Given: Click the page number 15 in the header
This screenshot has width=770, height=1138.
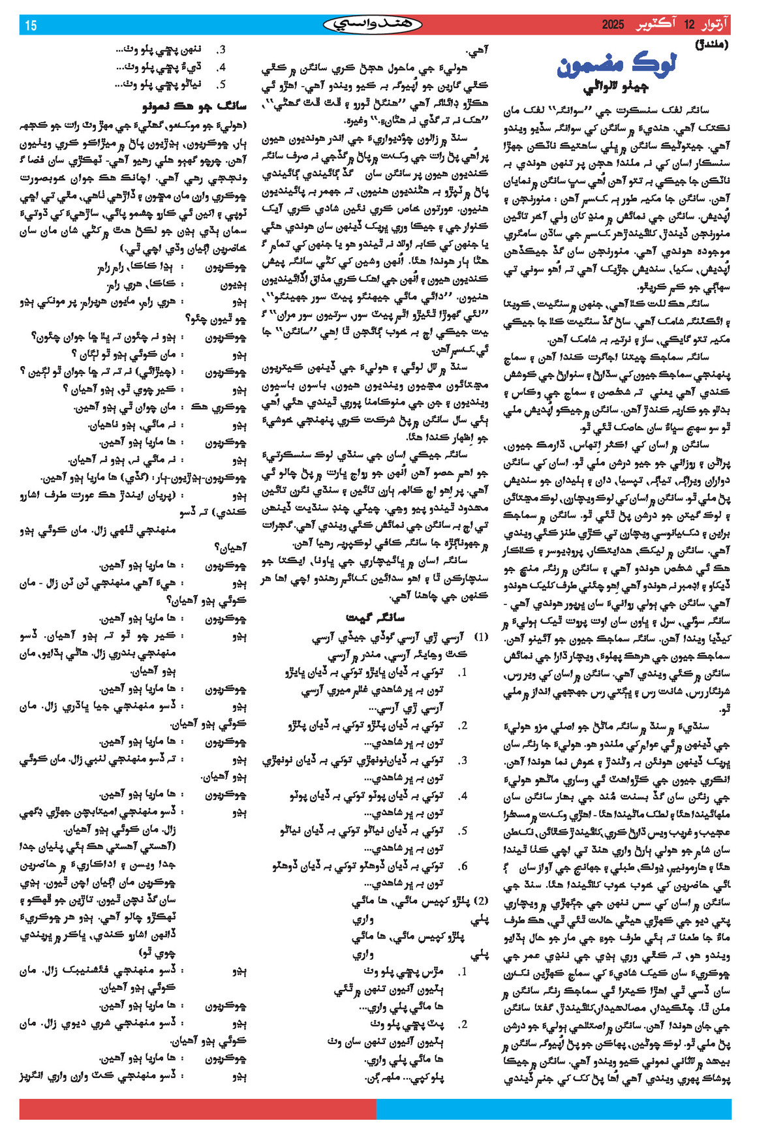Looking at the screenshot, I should (31, 25).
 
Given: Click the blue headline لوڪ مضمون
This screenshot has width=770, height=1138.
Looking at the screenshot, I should (617, 66).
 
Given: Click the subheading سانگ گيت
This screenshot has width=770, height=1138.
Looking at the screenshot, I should (375, 617).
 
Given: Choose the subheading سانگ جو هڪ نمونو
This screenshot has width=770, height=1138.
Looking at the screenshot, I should (194, 104).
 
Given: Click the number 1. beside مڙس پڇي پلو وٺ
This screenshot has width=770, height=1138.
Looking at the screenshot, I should (462, 972).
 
